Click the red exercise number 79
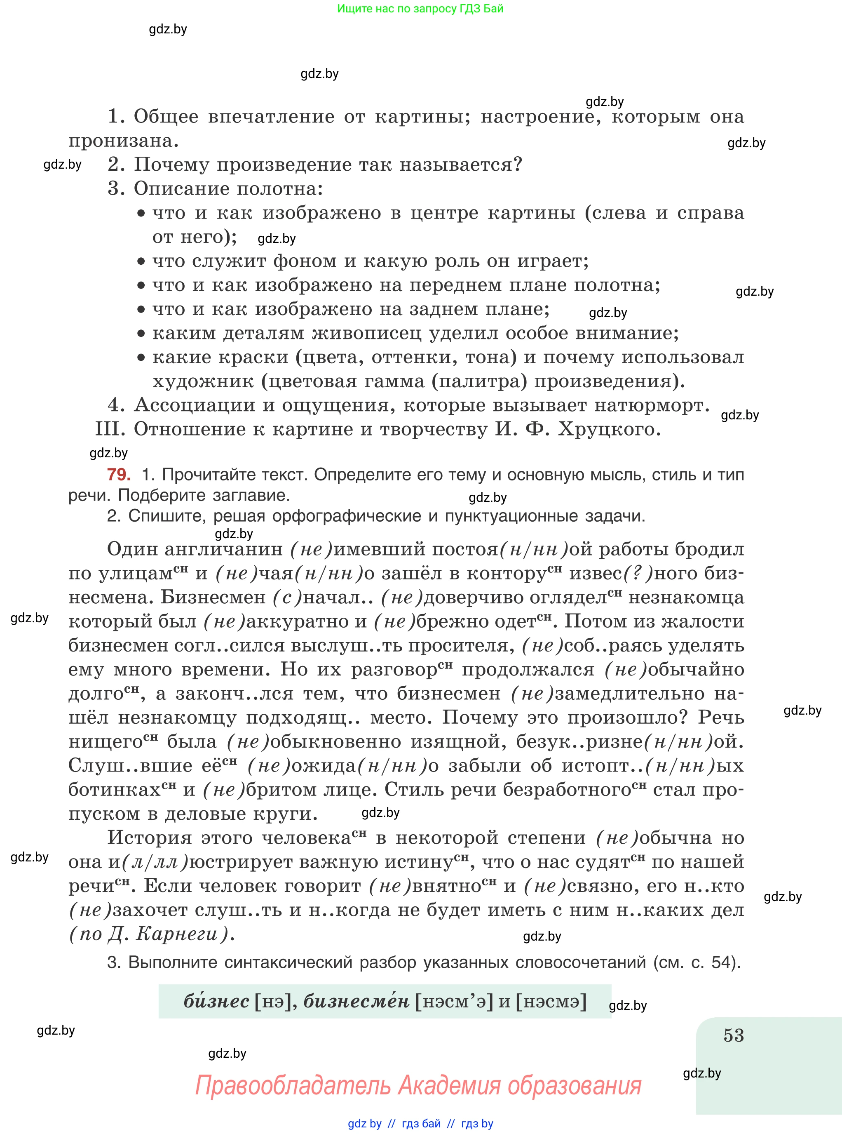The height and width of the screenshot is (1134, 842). click(119, 475)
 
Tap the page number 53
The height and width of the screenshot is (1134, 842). click(734, 1035)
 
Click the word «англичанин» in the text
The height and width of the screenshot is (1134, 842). click(224, 549)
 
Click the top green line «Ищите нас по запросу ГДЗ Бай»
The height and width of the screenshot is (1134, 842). click(420, 9)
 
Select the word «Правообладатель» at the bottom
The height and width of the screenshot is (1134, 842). click(294, 1085)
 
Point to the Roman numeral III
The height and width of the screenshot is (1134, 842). click(110, 429)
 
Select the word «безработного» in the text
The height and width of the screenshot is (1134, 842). click(567, 790)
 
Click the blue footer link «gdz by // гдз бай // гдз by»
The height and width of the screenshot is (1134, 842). click(420, 1124)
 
